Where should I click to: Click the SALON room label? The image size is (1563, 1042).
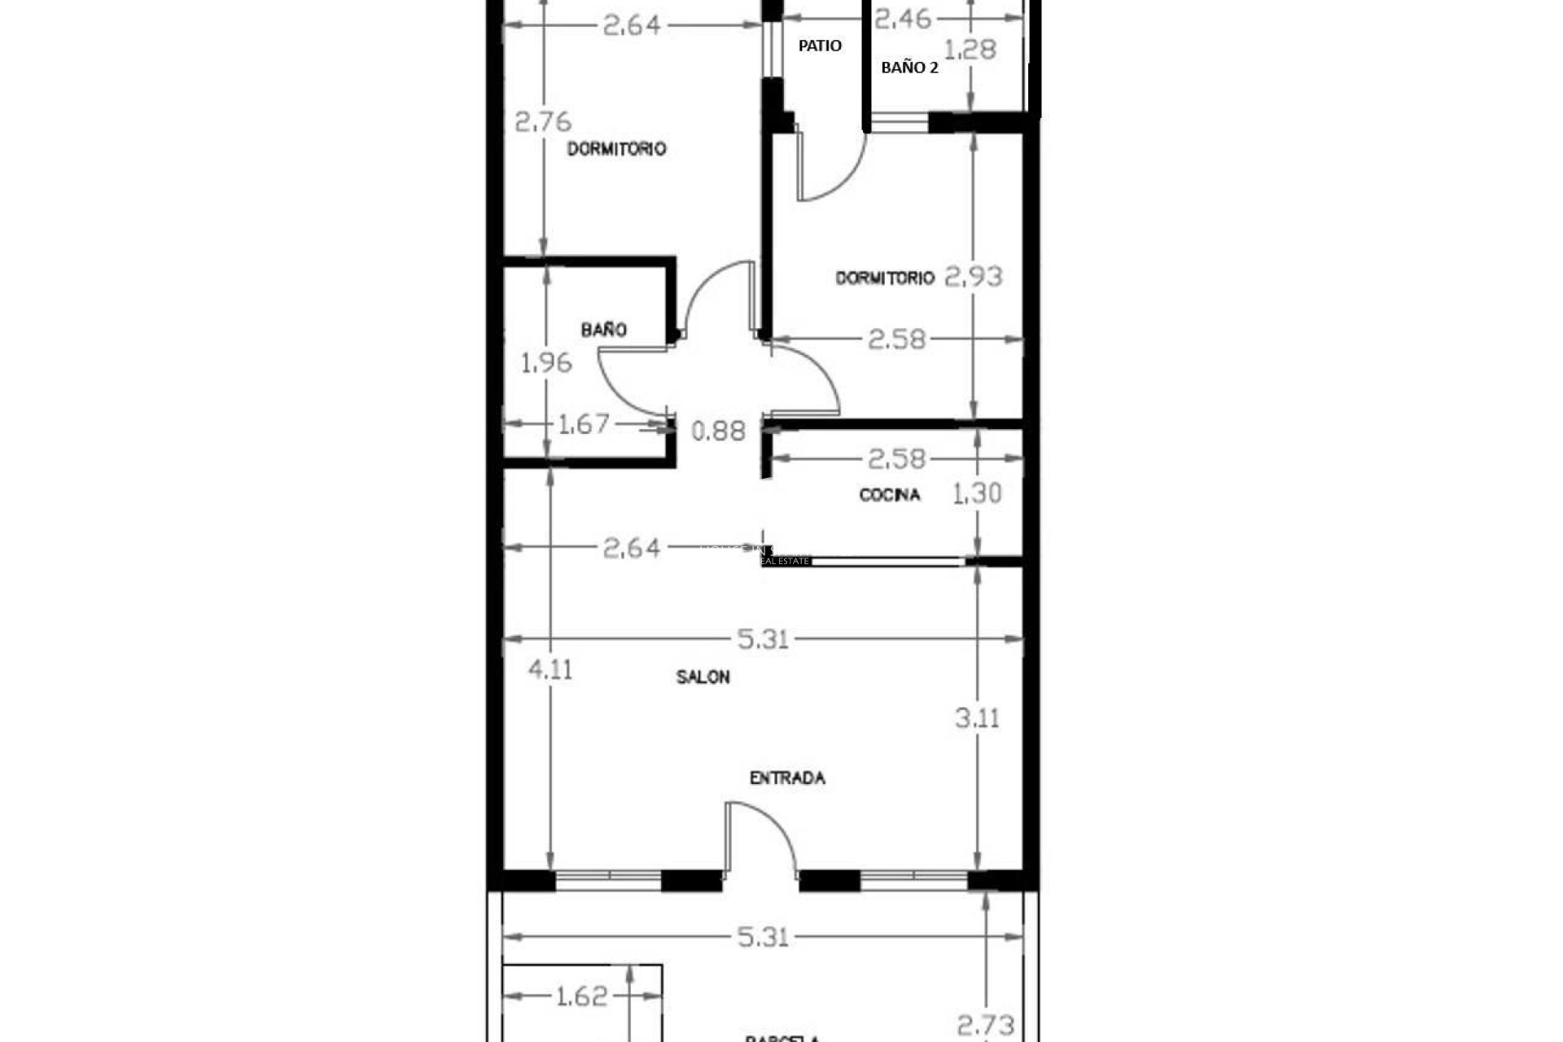coord(703,677)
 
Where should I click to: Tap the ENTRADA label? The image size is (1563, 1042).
coord(787,778)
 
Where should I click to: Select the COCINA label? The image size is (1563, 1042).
coord(890,495)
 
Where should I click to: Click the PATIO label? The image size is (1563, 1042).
coord(820,46)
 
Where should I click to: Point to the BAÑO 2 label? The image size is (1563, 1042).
coord(909,68)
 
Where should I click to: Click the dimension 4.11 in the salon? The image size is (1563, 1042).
coord(550,670)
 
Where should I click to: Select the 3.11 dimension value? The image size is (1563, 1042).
coord(977,718)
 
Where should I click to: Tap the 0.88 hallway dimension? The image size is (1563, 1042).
coord(718,431)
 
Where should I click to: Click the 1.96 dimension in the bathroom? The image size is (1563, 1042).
coord(546,363)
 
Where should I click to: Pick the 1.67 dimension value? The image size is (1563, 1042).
coord(583,424)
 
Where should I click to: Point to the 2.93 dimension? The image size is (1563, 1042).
coord(974,277)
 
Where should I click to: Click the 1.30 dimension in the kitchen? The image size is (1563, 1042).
coord(977,493)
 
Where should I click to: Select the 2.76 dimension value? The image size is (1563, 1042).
coord(543,122)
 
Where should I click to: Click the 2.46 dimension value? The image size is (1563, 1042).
coord(902,18)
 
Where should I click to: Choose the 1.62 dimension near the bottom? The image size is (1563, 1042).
coord(581,996)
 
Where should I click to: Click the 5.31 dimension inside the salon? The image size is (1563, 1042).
coord(763,639)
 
